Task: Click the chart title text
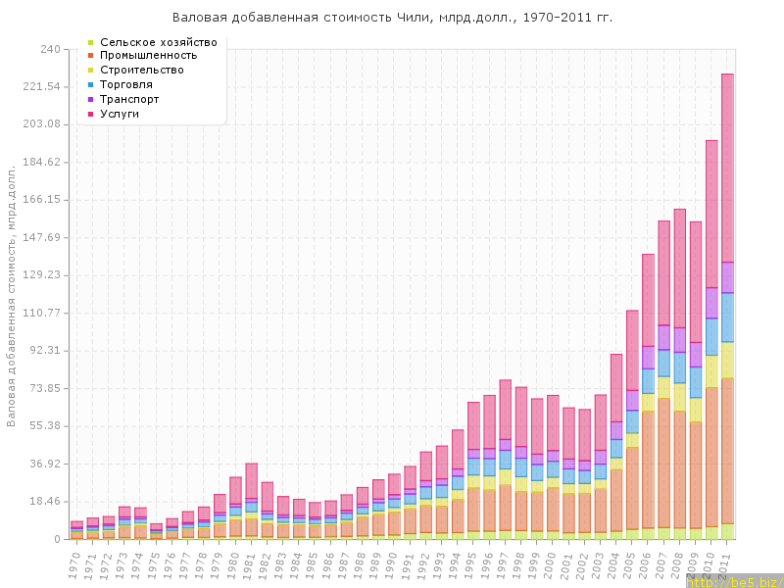click(x=392, y=18)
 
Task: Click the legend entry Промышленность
click(x=155, y=56)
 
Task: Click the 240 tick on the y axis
click(x=50, y=49)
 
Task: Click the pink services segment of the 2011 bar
click(x=727, y=167)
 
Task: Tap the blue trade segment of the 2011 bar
click(x=727, y=317)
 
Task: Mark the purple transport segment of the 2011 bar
click(x=727, y=276)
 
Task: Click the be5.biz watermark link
click(x=732, y=581)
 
